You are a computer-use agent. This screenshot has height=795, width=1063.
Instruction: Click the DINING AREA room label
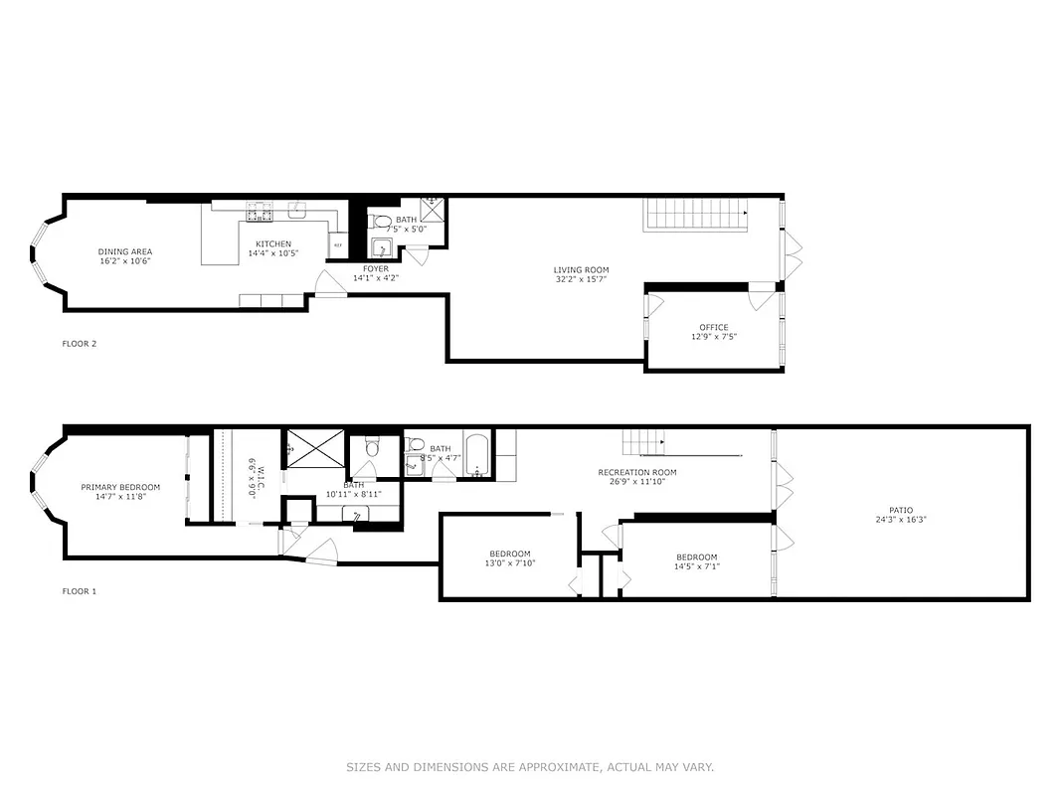(124, 251)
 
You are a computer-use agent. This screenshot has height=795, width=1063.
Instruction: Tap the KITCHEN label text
(273, 244)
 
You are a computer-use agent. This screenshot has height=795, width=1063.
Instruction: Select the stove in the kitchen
(260, 213)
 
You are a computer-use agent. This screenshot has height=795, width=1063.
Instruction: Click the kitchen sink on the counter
(296, 210)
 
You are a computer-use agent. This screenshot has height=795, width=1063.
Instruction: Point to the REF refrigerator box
(338, 245)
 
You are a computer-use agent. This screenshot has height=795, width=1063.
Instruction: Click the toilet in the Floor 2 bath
(380, 221)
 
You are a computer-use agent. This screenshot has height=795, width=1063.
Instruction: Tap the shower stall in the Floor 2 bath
(433, 210)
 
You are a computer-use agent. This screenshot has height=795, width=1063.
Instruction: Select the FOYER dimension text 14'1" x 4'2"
(375, 278)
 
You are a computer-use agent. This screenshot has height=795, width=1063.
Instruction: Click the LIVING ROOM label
(581, 270)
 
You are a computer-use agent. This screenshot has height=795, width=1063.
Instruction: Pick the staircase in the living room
(694, 214)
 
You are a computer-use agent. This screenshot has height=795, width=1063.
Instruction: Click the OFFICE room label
(713, 327)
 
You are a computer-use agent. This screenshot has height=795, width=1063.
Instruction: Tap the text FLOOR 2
(80, 344)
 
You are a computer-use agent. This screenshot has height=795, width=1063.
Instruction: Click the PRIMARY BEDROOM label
(120, 487)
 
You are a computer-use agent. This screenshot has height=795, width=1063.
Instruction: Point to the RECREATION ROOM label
(636, 472)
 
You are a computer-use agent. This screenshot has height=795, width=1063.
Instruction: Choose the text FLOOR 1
(80, 591)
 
